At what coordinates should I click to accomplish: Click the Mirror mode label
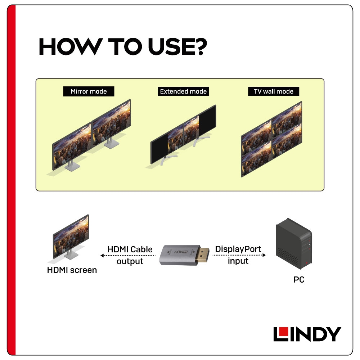point(89,91)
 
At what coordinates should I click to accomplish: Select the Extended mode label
point(183,91)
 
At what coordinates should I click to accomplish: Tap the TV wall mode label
point(274,91)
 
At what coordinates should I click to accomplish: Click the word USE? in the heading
point(177,47)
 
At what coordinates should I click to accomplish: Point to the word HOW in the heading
point(71,47)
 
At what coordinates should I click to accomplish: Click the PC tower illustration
point(294,243)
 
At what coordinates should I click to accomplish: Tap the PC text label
point(299,280)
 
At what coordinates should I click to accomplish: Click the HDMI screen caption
point(72,270)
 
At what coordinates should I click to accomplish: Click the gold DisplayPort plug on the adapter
point(202,255)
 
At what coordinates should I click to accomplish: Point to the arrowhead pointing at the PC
point(264,255)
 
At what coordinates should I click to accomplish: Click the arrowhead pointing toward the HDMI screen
point(102,256)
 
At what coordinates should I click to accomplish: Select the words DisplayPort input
point(238,255)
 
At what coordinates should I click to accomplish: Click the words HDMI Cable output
point(130,255)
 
